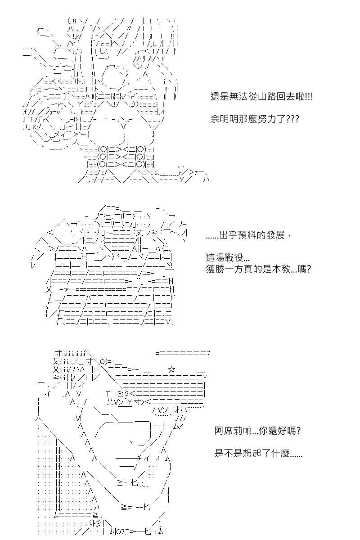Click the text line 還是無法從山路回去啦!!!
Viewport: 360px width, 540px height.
pos(261,97)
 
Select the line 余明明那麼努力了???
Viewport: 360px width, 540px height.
pos(255,119)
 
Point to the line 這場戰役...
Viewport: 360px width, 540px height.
pos(228,257)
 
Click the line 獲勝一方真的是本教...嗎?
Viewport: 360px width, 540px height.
pos(258,269)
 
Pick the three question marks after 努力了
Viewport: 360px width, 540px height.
pos(292,119)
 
